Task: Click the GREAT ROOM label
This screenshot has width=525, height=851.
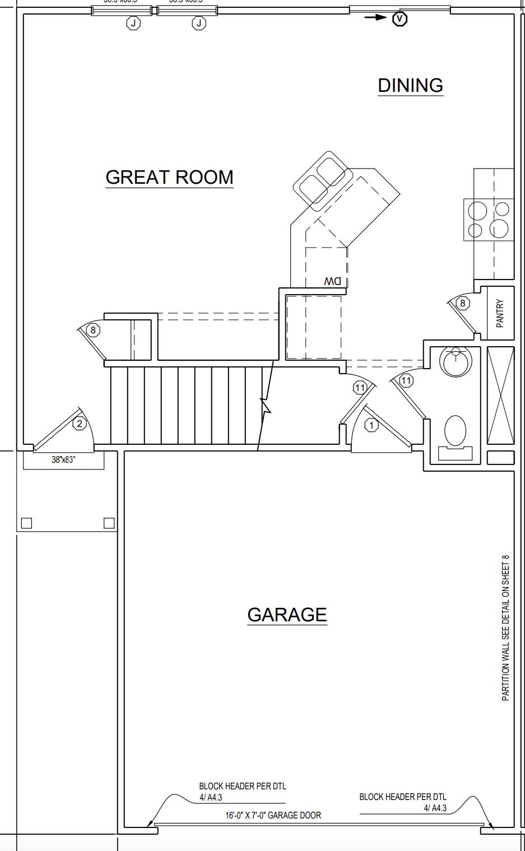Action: coord(169,177)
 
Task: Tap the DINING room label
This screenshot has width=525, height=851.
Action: coord(410,85)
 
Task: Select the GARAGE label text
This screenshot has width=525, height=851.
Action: coord(287,615)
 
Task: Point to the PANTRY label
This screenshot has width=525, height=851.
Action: coord(500,313)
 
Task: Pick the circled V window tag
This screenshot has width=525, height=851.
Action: coord(399,18)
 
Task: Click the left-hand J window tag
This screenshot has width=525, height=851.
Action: coord(133,23)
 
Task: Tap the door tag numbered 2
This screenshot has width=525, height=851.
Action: coord(80,424)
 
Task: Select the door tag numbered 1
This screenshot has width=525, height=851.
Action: coord(371,426)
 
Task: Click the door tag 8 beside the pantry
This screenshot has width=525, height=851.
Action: coord(462,303)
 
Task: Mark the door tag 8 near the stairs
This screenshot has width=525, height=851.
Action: coord(93,330)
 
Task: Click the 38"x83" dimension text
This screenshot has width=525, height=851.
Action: coord(63,460)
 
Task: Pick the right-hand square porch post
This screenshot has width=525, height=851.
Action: coord(109,523)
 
